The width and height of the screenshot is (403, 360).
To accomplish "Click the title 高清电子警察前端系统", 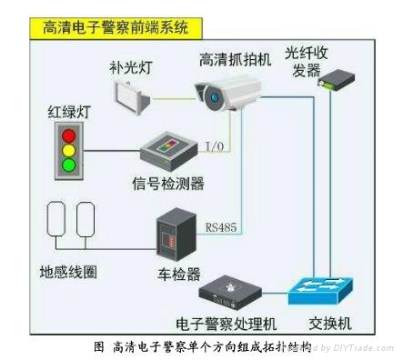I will [115, 26].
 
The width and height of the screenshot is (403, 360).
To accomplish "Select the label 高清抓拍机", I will [237, 60].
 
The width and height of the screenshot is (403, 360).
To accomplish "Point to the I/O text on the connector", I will [215, 145].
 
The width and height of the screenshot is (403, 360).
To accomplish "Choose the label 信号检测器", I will [168, 185].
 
